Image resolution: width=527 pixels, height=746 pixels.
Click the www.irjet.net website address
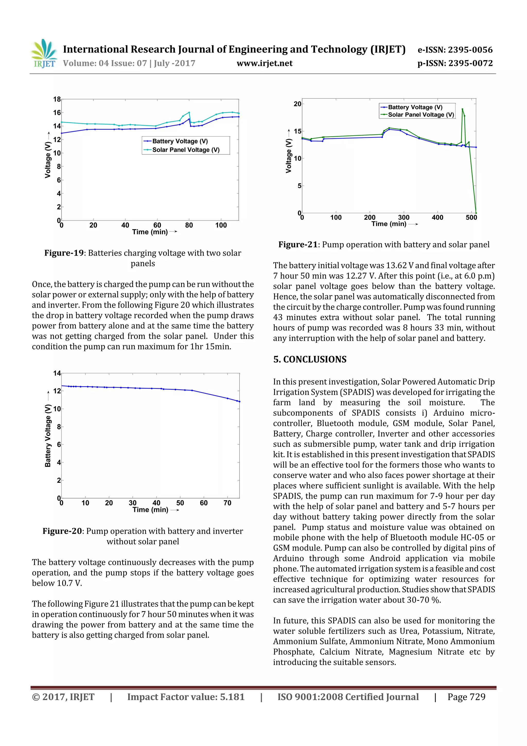(264, 63)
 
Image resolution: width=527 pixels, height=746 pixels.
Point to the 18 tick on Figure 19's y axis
(57, 99)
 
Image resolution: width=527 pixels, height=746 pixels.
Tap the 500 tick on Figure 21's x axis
(471, 218)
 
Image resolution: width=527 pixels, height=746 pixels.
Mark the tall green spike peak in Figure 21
(462, 109)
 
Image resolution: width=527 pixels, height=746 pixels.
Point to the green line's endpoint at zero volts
(476, 213)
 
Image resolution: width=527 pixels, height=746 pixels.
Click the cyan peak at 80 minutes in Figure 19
(189, 113)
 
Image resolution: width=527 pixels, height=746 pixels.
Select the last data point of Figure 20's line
(239, 402)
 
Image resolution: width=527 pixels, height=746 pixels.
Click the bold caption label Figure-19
(64, 253)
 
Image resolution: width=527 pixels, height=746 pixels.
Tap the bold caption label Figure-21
(298, 245)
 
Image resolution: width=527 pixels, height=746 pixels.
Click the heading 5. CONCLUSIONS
(310, 359)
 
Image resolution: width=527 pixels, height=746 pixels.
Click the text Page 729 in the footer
(466, 697)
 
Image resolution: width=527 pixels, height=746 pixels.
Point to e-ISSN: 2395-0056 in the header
(455, 50)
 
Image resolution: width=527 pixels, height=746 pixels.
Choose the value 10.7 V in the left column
(69, 583)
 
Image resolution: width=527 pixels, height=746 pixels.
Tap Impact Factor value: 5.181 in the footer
(186, 697)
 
